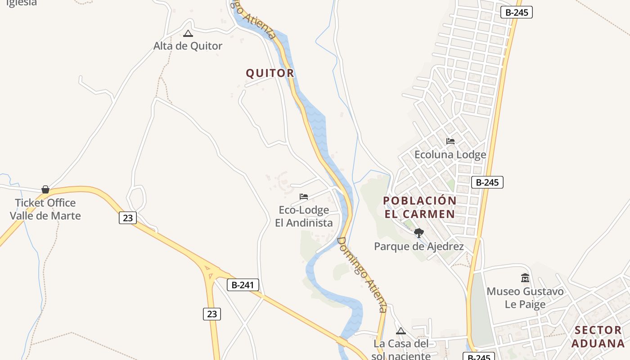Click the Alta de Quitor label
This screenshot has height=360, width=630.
[188, 46]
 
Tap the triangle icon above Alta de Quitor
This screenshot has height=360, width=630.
[188, 33]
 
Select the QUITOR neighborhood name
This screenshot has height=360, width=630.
[270, 73]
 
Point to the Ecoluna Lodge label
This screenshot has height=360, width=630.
[450, 155]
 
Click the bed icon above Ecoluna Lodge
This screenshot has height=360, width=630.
[450, 141]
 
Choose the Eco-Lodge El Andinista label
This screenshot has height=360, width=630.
[304, 216]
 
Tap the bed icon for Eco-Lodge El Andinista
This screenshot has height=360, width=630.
[304, 197]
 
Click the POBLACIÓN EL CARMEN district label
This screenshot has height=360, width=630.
[420, 207]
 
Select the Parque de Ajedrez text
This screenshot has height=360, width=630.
[419, 247]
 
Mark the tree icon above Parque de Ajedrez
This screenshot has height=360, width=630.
[419, 233]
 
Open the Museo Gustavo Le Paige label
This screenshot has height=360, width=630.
[525, 298]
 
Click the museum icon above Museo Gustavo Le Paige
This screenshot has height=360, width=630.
[525, 278]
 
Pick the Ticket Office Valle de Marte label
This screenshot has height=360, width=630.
[45, 209]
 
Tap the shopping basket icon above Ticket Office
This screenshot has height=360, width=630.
[45, 189]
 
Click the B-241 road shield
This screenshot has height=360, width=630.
[243, 285]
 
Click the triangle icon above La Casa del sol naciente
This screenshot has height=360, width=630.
[401, 331]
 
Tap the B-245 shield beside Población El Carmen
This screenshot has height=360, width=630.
[487, 182]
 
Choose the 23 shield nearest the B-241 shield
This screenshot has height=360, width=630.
[212, 314]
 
